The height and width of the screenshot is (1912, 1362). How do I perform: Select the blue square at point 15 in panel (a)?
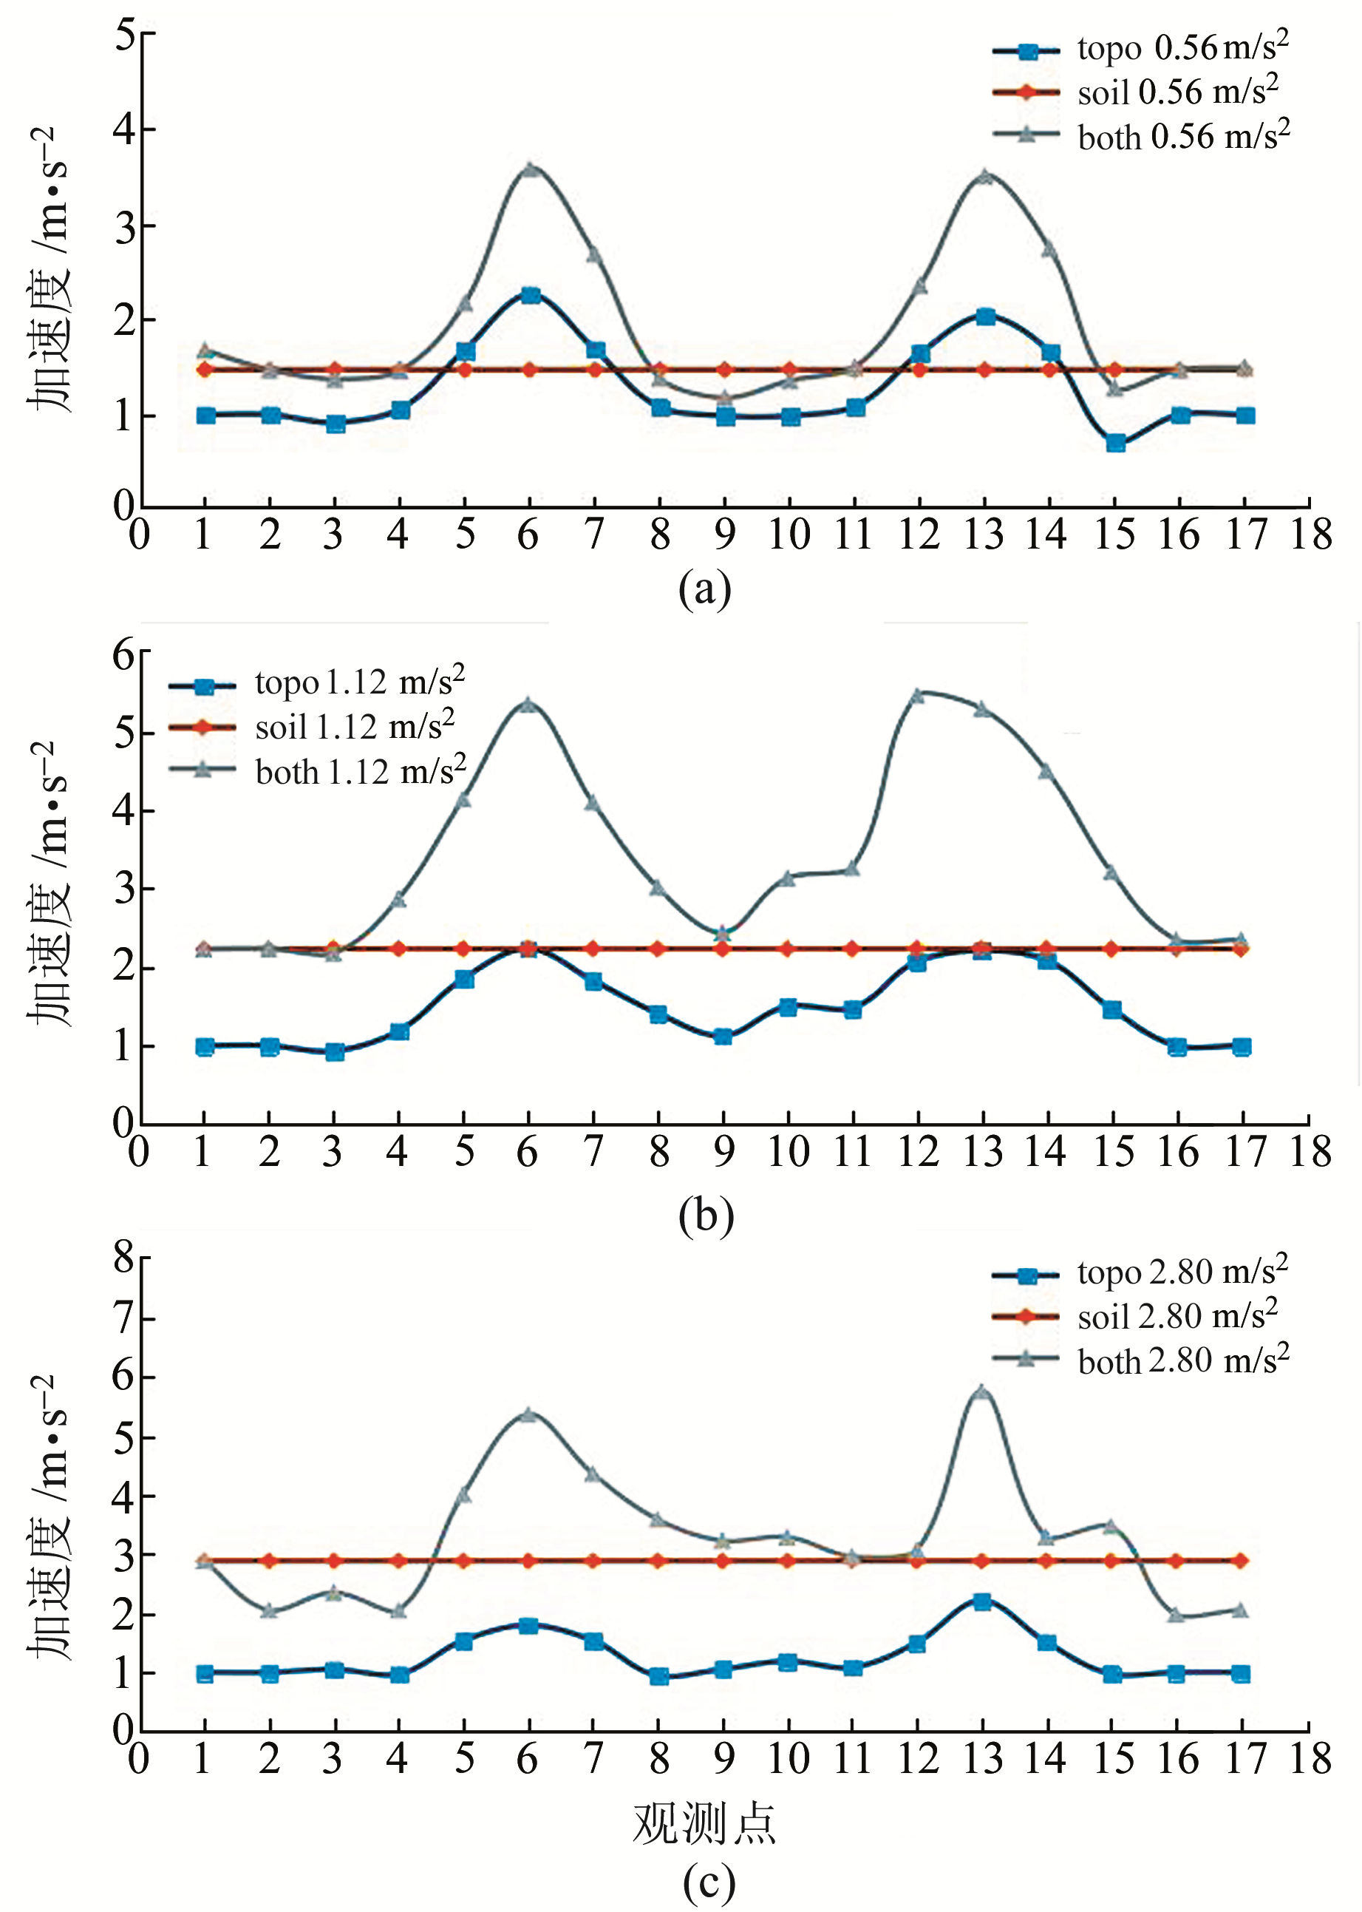coord(1114,443)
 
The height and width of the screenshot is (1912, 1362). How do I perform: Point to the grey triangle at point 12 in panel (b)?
coord(918,695)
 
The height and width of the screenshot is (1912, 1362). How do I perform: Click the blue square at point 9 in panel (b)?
coord(723,1036)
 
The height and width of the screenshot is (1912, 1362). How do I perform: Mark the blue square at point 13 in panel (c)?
coord(982,1601)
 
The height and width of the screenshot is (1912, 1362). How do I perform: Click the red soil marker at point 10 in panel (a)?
coord(789,369)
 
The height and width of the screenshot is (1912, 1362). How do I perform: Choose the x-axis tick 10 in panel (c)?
coord(789,1758)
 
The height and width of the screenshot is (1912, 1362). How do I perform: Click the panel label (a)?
coord(704,590)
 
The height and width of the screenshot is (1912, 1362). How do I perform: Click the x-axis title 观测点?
coord(704,1824)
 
